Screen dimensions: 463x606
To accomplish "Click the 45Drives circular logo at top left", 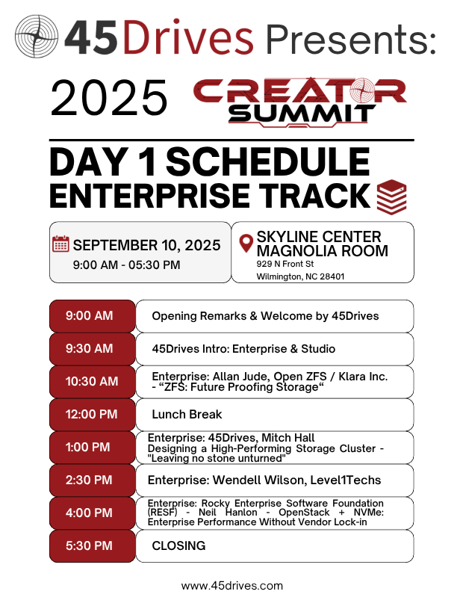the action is pos(37,37).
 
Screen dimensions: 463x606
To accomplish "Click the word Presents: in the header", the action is pos(351,40).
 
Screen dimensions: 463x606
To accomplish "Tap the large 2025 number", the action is pos(109,98).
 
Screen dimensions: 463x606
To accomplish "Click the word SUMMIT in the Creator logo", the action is pos(302,114).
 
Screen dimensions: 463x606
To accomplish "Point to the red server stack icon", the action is pos(391,197).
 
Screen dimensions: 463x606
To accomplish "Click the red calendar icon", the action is pos(60,244).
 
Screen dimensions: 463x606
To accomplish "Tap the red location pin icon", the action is pos(246,244).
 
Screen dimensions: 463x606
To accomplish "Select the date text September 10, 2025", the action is pos(146,245).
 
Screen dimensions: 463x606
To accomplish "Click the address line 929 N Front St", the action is pos(285,264).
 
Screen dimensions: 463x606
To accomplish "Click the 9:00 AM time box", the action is pos(93,316).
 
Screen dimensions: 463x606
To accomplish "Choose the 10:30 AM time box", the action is pos(93,381).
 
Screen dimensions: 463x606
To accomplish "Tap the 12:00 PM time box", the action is pos(93,414).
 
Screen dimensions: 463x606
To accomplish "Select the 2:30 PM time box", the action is pos(93,480).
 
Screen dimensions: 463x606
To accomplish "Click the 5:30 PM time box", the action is pos(93,545).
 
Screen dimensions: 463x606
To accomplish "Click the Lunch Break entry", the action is pos(187,414).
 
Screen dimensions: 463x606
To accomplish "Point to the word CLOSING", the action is pos(178,545).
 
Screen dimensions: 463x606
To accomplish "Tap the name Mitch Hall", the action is pos(288,437).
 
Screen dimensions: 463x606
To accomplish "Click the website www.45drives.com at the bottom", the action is pos(232,586).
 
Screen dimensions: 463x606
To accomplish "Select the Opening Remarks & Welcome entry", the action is pos(265,316).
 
